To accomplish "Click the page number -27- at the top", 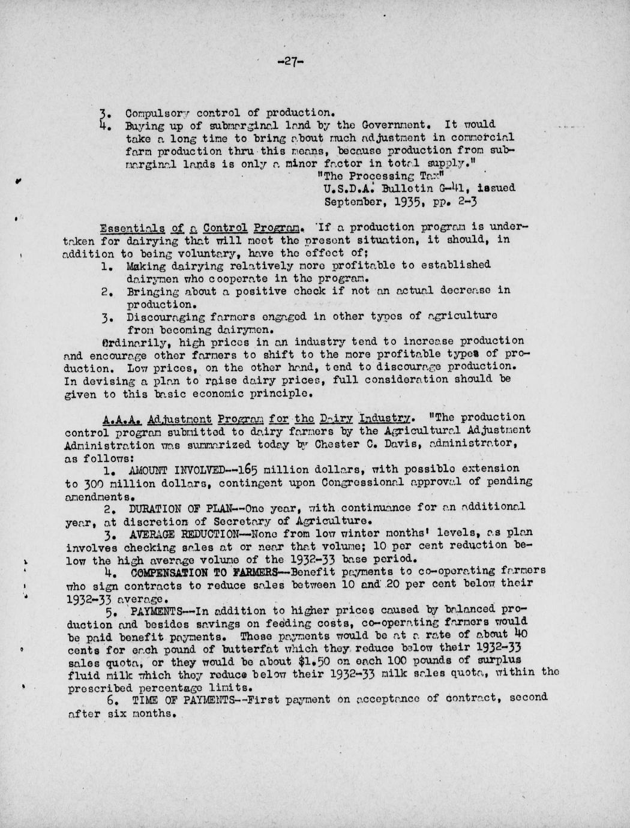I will tap(291, 61).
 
